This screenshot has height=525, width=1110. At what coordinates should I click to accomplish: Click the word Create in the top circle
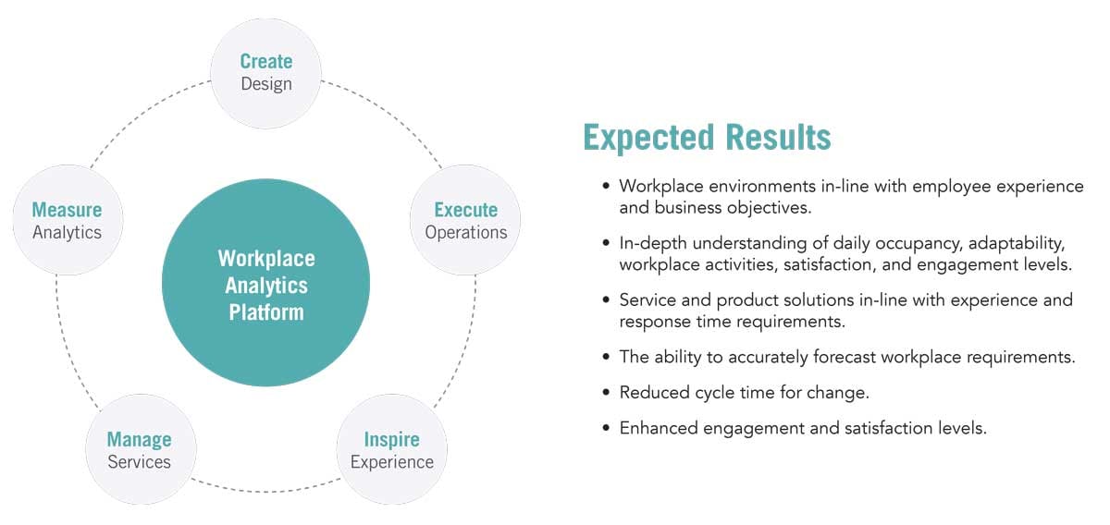265,61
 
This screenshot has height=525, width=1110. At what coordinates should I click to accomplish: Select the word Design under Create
265,84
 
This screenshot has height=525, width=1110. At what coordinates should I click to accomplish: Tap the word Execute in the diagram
465,209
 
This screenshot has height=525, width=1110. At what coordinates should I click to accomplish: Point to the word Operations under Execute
465,232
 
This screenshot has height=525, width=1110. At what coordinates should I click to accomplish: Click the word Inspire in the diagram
391,438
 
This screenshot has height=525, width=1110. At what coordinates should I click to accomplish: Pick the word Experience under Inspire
391,461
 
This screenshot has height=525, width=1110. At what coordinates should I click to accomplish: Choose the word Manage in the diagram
139,438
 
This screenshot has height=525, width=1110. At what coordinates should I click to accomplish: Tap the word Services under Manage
139,461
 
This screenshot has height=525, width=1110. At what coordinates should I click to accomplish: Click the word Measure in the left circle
67,209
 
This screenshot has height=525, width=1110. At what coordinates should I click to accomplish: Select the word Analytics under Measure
67,232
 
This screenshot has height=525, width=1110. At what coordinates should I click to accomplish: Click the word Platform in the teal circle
265,311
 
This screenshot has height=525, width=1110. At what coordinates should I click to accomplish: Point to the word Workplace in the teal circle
265,258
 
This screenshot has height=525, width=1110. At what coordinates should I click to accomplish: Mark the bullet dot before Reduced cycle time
606,393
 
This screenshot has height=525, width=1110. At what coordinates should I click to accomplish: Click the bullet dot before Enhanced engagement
606,429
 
